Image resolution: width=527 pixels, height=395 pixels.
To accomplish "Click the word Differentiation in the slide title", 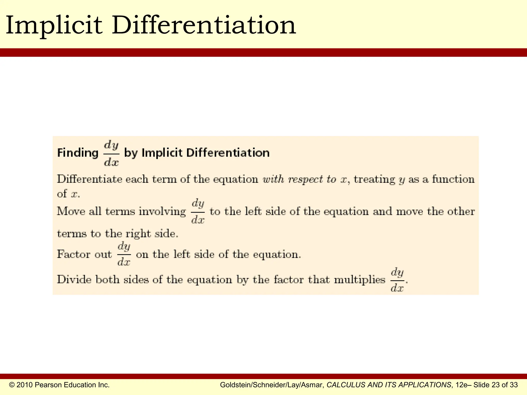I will [204, 25].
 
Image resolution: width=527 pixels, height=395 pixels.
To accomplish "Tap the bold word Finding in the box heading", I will [78, 153].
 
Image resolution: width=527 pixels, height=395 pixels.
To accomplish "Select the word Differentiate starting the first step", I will [90, 179].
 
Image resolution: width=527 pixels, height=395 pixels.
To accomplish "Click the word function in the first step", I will [453, 179].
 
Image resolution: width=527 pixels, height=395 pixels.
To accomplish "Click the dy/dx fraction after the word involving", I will [198, 212].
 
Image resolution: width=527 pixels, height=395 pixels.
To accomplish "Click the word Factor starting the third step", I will [74, 254].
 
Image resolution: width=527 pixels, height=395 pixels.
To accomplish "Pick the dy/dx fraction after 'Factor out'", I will [124, 254].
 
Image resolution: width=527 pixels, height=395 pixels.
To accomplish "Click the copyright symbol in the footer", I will [12, 385].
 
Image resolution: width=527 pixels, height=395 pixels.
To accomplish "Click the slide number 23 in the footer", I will [496, 385].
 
